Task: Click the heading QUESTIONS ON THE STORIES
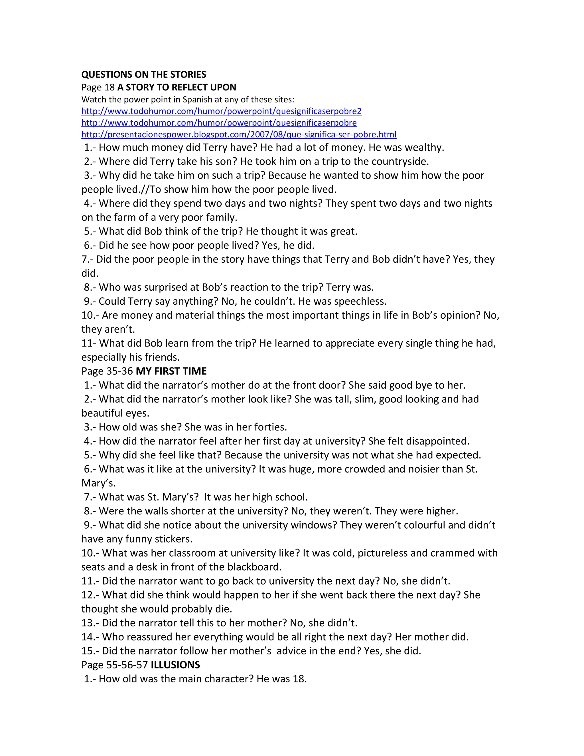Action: pos(144,74)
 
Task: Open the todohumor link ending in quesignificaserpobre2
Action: pos(221,111)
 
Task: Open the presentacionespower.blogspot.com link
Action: pos(239,134)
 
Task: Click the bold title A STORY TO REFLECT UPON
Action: pos(177,87)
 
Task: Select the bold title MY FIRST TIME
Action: pos(171,371)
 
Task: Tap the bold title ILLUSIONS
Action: pos(175,665)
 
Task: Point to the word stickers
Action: pos(174,539)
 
